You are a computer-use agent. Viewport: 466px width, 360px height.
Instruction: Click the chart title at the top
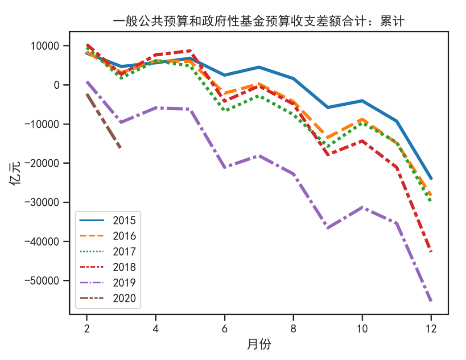[x=259, y=21]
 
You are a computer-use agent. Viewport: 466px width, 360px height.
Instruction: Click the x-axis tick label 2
[x=87, y=328]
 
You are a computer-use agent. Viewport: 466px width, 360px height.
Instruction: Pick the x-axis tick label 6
[x=224, y=328]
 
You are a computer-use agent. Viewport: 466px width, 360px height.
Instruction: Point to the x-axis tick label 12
[x=431, y=328]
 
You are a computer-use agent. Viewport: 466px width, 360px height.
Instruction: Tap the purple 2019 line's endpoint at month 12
[x=431, y=302]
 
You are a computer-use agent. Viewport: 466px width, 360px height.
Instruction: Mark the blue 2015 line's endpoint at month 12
[x=431, y=178]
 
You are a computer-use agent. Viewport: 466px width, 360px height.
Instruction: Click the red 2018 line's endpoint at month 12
[x=431, y=252]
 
